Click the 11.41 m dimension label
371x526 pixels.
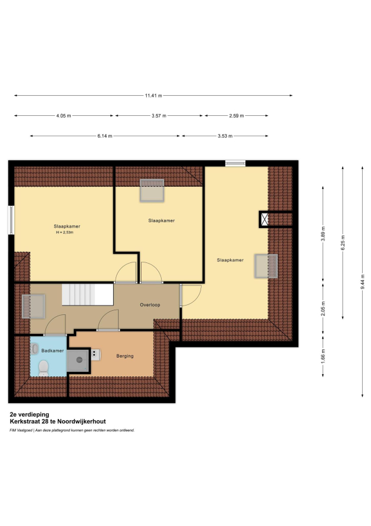[153, 96]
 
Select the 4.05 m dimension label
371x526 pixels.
[64, 116]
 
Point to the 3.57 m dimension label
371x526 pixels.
[159, 116]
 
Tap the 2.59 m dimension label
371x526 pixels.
[237, 116]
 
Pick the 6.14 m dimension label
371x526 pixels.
[105, 136]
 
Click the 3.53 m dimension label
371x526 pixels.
[225, 136]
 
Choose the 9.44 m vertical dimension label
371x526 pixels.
[362, 282]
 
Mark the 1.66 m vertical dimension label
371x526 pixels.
[323, 356]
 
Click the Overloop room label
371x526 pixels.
[150, 305]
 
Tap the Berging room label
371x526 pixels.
[125, 356]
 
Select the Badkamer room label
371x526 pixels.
[52, 350]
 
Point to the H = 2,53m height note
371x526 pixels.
[65, 232]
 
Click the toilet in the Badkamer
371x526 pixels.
[43, 368]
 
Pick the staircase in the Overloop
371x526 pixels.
[87, 294]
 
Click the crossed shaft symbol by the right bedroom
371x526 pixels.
[264, 219]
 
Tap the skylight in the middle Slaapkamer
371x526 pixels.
[152, 190]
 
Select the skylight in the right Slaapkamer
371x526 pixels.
[266, 266]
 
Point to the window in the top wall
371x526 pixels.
[235, 163]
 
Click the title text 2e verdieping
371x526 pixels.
[29, 415]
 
